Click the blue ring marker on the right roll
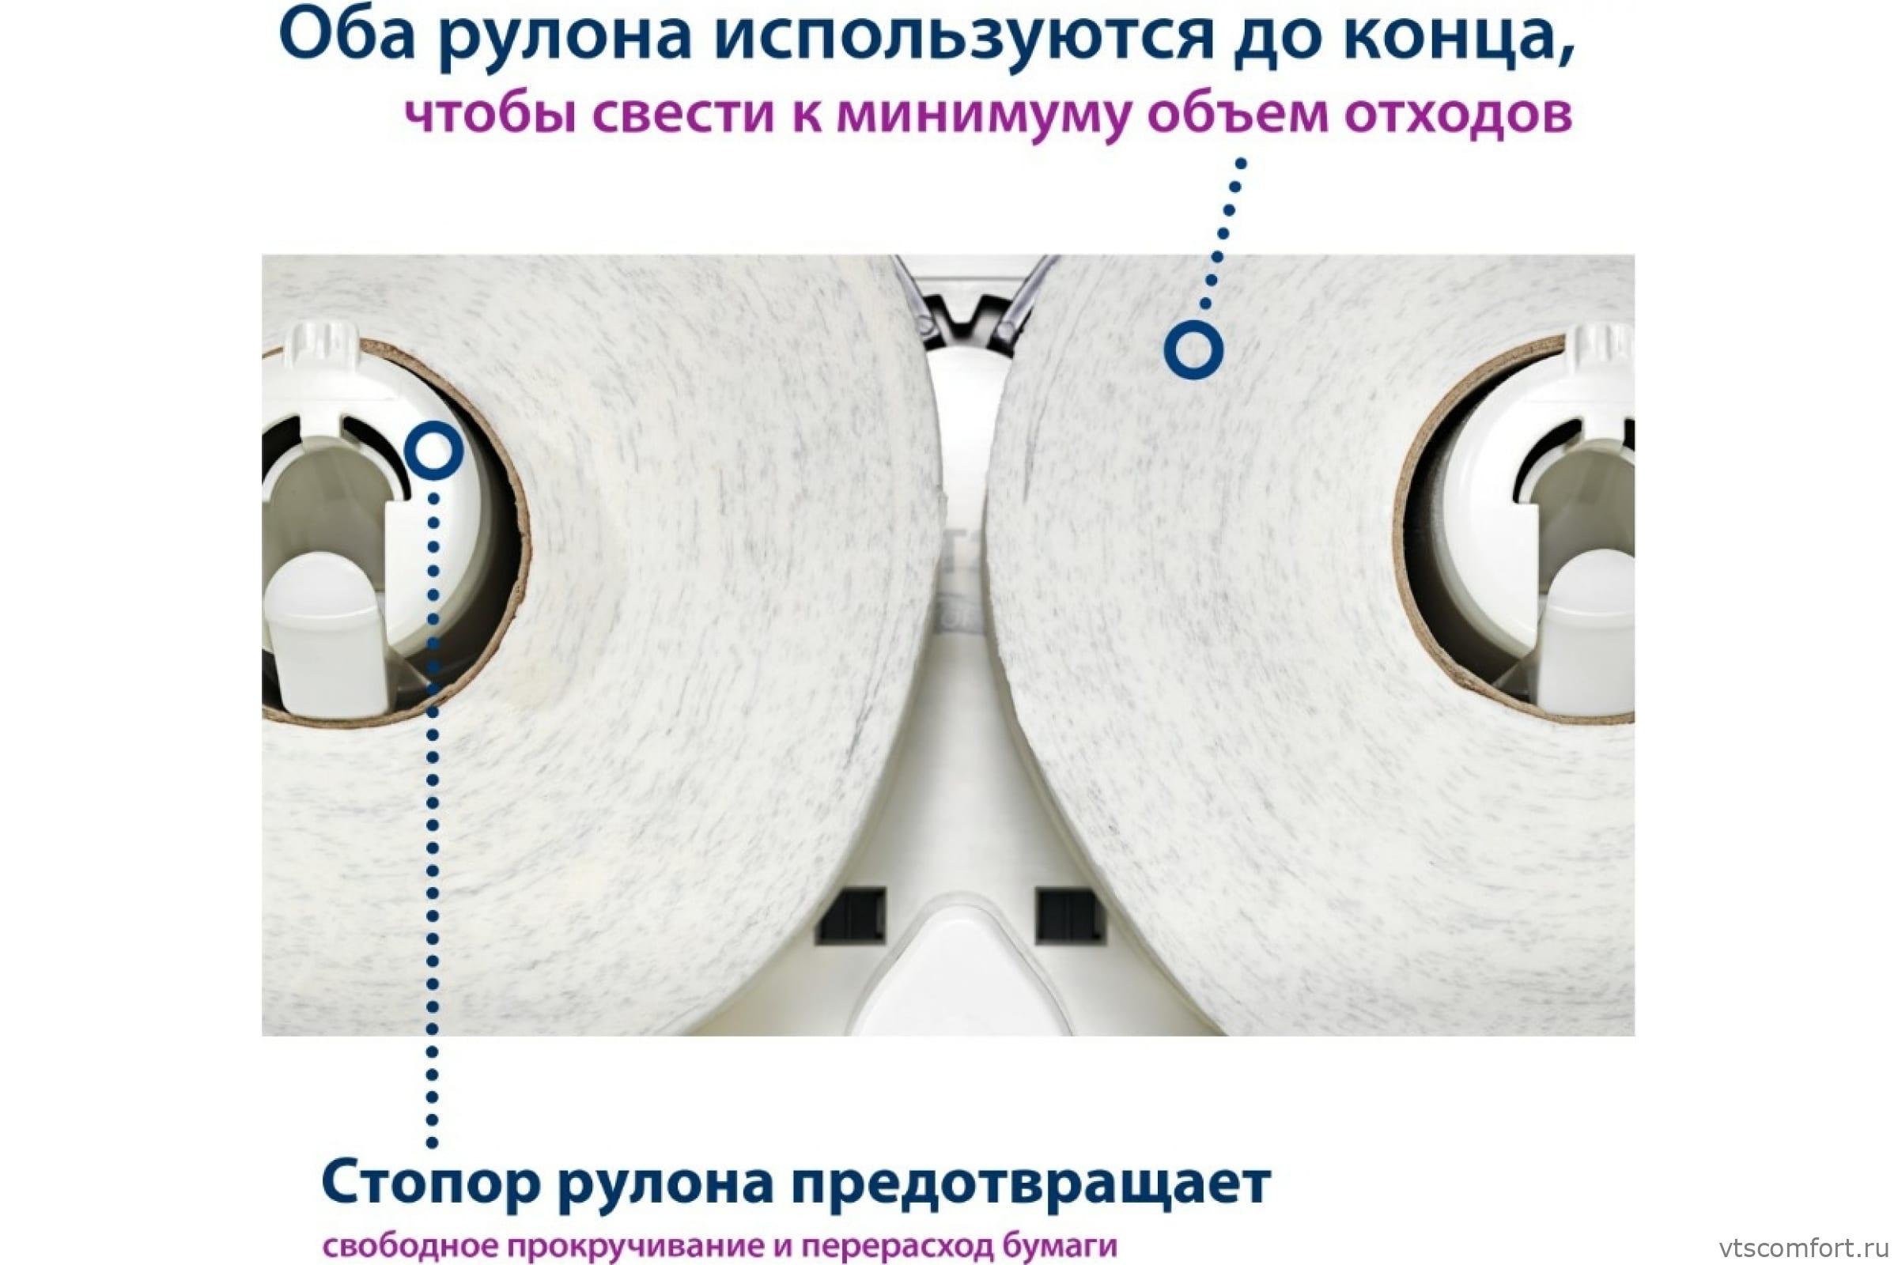click(x=1193, y=350)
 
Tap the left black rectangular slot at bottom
click(x=852, y=916)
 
